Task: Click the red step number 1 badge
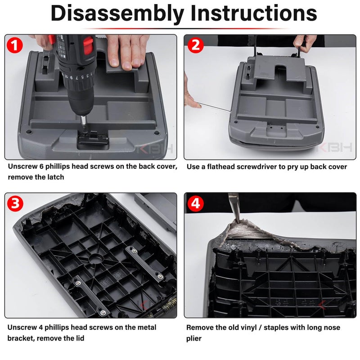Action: [15, 45]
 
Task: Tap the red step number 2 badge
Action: [196, 45]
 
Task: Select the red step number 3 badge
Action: [15, 203]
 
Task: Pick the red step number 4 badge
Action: [196, 203]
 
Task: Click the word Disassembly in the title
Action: [117, 13]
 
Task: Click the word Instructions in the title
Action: [254, 13]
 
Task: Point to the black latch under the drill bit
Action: [93, 139]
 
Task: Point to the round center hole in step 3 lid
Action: [96, 259]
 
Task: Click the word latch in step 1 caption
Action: [55, 177]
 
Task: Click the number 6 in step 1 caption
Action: [41, 166]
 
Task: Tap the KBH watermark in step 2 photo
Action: [336, 148]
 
